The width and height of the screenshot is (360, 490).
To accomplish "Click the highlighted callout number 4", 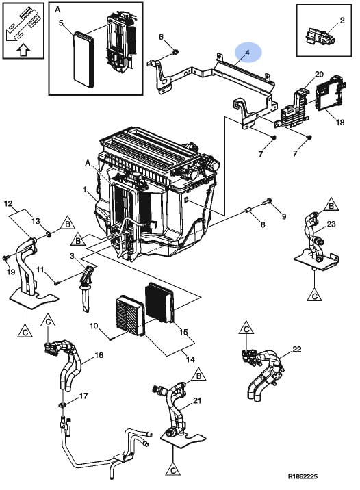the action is (x=248, y=53).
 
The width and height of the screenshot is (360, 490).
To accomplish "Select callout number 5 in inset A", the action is (x=61, y=23).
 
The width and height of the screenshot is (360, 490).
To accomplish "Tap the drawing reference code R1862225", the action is (x=303, y=476).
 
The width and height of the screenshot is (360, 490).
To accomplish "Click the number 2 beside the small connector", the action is (x=342, y=21).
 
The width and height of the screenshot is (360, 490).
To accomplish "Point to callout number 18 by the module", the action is (x=340, y=122).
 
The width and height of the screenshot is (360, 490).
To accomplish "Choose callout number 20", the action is (x=319, y=74).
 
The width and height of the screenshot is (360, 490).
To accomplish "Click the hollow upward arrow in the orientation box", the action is (x=23, y=50).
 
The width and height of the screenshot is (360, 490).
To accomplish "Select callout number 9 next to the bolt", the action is (x=284, y=216).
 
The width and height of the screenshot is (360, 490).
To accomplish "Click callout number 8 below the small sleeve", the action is (x=263, y=224).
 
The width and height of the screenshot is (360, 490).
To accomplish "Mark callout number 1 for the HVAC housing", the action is (x=84, y=190).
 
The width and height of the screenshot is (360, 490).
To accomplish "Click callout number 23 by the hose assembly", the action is (x=331, y=224).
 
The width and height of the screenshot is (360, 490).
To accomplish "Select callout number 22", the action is (x=296, y=349).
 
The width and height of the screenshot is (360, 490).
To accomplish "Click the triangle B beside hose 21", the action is (x=198, y=375).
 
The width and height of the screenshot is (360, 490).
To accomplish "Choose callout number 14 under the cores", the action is (x=190, y=359).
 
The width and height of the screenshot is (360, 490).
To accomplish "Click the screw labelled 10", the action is (x=111, y=338).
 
